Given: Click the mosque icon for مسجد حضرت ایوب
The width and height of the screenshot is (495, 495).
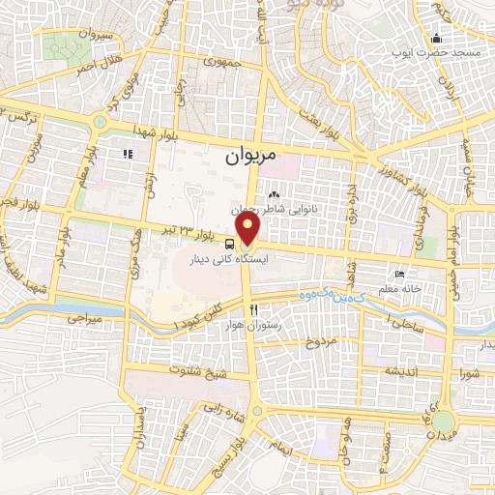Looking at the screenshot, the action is click(x=436, y=39).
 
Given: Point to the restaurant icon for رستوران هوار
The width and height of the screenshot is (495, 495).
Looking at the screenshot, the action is click(x=254, y=310).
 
